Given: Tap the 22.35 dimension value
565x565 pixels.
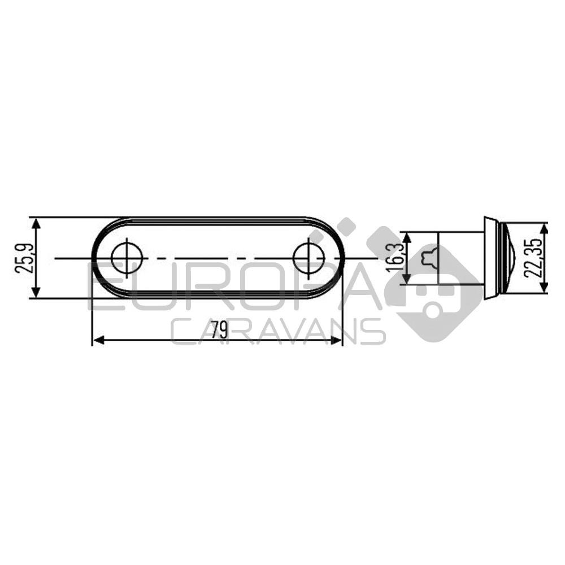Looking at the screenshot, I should pos(533,258).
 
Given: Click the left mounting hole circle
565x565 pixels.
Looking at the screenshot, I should pos(127,258).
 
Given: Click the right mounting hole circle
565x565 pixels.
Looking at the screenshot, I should pos(308,258).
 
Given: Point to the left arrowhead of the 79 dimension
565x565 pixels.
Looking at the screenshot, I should pos(98,340).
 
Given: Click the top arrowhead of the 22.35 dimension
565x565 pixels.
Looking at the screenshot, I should pos(544,227).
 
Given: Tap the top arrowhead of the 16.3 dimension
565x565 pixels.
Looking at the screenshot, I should pos(406,236).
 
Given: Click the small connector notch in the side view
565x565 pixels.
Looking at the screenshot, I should pos(430,258).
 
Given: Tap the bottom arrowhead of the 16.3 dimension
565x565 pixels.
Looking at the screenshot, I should pos(406,280).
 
